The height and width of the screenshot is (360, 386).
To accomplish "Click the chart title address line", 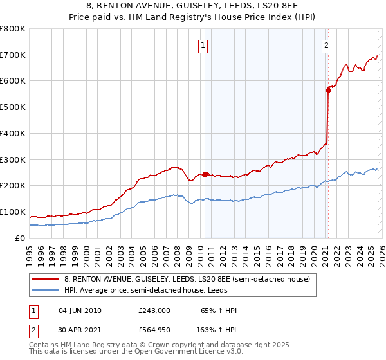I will [193, 6].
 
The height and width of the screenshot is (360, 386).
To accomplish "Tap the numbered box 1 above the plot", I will [203, 45].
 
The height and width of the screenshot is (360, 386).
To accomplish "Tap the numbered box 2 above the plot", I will [327, 45].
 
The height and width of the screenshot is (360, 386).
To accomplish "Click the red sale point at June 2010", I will [205, 174].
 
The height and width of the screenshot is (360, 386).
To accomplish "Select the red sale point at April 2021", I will [328, 91].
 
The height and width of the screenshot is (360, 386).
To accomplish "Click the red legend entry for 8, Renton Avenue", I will [187, 279].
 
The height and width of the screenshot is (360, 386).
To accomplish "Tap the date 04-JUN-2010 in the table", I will [80, 310].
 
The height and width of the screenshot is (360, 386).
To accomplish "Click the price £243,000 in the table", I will [154, 310].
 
